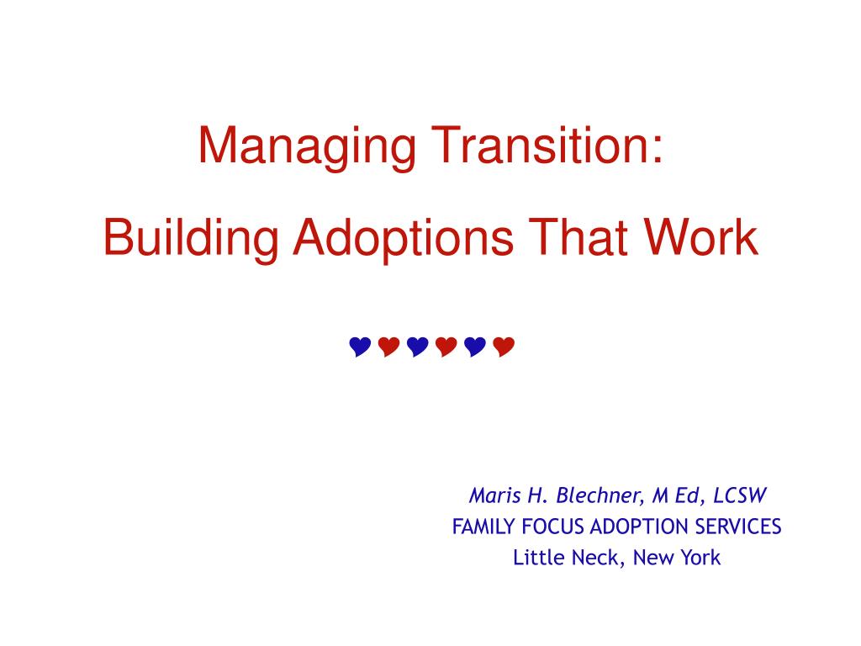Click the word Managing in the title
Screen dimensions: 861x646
click(x=306, y=146)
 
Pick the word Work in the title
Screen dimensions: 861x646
click(x=700, y=236)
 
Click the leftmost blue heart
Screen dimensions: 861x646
click(x=360, y=347)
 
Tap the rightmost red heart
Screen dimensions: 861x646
click(x=504, y=347)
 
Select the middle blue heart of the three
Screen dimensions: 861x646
click(x=417, y=347)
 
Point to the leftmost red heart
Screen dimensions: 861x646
click(x=388, y=347)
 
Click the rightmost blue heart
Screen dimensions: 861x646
click(x=475, y=347)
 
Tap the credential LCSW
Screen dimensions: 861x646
click(x=739, y=495)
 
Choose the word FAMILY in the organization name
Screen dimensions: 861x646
click(x=483, y=527)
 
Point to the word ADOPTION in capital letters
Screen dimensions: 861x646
click(x=640, y=527)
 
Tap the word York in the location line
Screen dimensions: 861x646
click(x=700, y=558)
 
